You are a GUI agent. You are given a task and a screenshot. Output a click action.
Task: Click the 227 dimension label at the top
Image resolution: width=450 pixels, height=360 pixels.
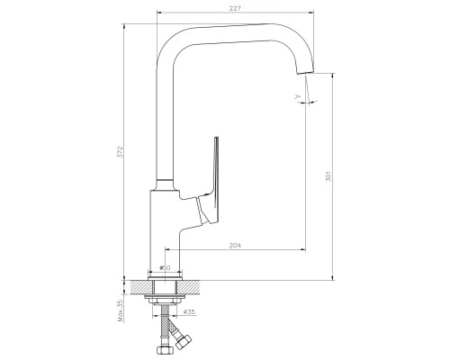(x=235, y=9)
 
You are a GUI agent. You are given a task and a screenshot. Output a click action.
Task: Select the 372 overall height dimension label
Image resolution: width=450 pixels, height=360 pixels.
(x=121, y=152)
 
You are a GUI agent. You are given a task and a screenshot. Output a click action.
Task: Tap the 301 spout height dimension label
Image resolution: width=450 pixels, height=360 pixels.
(x=328, y=176)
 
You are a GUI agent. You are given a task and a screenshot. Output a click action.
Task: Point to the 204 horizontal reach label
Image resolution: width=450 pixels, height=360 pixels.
(x=235, y=246)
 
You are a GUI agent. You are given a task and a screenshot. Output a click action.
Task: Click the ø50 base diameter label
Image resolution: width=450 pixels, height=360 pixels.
(x=165, y=267)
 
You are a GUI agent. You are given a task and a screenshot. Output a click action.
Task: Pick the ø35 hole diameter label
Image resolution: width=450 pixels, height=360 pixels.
(x=189, y=312)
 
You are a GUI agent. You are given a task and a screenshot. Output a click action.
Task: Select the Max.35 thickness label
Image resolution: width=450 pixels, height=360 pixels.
(x=121, y=310)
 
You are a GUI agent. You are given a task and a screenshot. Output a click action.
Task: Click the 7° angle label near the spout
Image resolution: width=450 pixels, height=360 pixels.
(x=297, y=96)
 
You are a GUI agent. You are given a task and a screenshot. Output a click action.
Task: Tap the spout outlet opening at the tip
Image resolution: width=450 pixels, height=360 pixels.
(x=306, y=72)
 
